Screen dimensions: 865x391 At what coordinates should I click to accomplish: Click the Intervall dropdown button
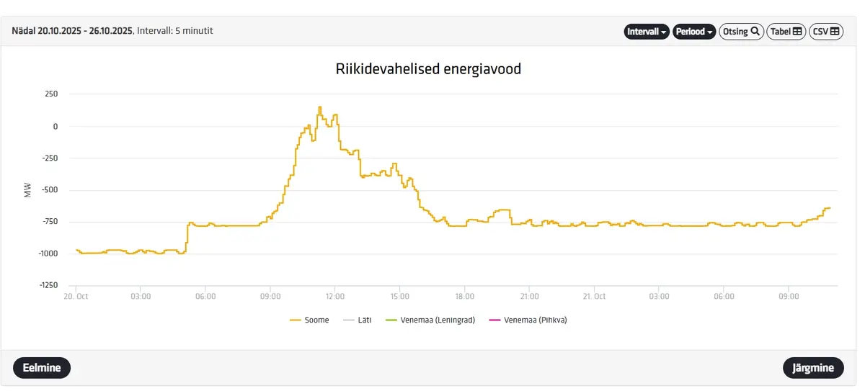[x=647, y=32]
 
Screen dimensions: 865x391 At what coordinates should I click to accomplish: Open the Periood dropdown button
[x=694, y=32]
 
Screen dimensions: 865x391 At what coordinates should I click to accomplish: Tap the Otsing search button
[x=741, y=32]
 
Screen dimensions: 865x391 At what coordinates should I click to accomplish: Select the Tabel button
[x=786, y=32]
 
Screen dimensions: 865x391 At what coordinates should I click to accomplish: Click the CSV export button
[x=826, y=32]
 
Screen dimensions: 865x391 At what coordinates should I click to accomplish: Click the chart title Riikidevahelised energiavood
[x=428, y=69]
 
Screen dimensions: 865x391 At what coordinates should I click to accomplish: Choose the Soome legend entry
[x=309, y=320]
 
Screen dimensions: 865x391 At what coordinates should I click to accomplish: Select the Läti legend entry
[x=358, y=320]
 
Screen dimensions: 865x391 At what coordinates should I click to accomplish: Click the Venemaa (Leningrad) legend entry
[x=430, y=320]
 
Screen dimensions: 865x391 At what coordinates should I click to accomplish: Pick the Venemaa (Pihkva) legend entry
[x=528, y=320]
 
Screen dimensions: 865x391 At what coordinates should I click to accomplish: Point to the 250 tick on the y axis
[x=51, y=94]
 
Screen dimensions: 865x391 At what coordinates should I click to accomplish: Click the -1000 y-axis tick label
[x=48, y=253]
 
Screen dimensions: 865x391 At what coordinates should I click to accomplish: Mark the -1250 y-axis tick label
[x=49, y=285]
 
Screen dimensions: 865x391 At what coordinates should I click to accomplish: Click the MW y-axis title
[x=27, y=190]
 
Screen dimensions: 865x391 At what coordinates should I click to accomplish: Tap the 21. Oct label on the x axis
[x=594, y=297]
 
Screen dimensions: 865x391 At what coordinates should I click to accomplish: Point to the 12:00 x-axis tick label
[x=334, y=297]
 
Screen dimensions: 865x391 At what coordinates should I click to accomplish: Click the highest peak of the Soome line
[x=320, y=107]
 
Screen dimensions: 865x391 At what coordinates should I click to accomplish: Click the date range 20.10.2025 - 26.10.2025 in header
[x=85, y=31]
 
